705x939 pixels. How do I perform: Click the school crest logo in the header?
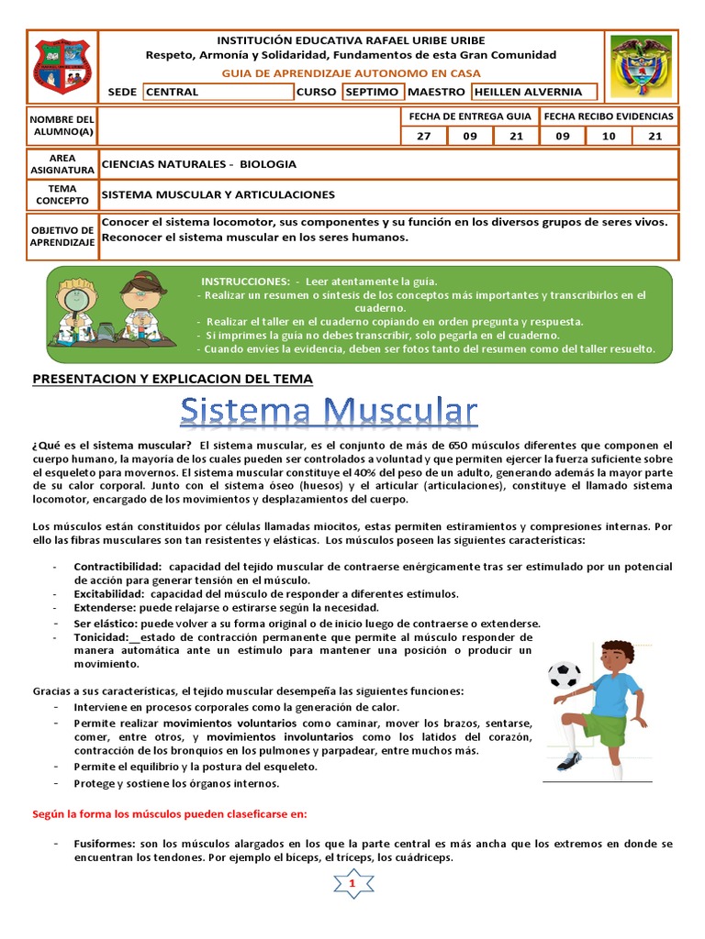[x=62, y=66]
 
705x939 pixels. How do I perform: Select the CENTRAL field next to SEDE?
[x=218, y=92]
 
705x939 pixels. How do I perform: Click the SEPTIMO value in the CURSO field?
[x=372, y=92]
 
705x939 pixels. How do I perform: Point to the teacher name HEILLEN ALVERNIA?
[x=533, y=92]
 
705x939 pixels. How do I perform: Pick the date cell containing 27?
[x=424, y=136]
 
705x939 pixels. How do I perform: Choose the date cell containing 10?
[x=609, y=136]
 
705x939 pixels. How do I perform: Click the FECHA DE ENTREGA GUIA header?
[x=468, y=116]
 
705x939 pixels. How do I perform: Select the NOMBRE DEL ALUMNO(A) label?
[x=62, y=127]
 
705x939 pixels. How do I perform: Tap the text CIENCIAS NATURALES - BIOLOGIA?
[x=198, y=164]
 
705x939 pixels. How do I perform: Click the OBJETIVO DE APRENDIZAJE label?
[x=62, y=236]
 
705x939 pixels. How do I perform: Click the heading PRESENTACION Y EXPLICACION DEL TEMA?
[x=173, y=379]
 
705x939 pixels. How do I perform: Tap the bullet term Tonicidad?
[x=101, y=637]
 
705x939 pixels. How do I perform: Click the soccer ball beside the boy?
[x=564, y=676]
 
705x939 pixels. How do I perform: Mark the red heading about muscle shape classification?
[x=171, y=813]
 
